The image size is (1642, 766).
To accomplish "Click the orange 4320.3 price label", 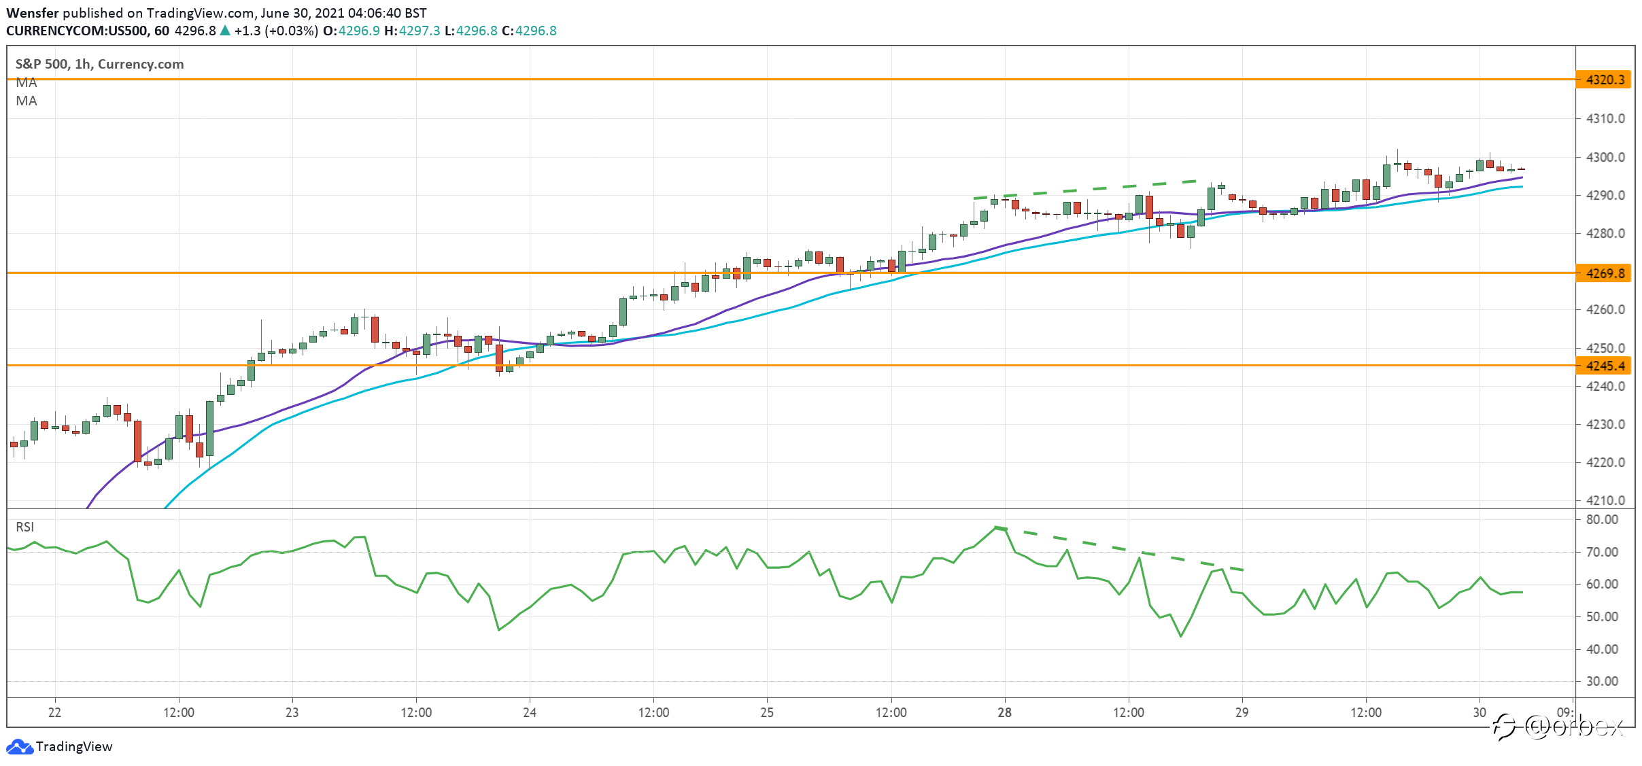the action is click(x=1604, y=80).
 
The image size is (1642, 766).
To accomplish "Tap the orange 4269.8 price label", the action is click(x=1604, y=273).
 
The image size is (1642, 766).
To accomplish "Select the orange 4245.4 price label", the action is click(x=1604, y=366).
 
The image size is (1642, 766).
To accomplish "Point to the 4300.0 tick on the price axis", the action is click(x=1605, y=157).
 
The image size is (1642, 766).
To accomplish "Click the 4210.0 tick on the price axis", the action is click(x=1605, y=500).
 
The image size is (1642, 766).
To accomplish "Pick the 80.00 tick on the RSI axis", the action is click(x=1602, y=519).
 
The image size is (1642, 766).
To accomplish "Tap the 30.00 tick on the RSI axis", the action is click(x=1602, y=681).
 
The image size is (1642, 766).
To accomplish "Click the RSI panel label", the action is click(x=25, y=527).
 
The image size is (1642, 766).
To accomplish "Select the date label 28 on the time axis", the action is click(x=1004, y=712).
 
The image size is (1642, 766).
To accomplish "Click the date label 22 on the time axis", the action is click(x=54, y=712).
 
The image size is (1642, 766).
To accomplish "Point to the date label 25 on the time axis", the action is click(x=767, y=712).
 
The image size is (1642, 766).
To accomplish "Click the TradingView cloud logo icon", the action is click(x=19, y=746).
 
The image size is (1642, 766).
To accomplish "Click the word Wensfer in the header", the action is click(x=33, y=13).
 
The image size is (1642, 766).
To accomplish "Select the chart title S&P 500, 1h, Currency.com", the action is click(x=99, y=64).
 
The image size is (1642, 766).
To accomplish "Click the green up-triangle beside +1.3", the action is click(x=225, y=31).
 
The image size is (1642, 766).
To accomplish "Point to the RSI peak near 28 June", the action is click(x=995, y=527).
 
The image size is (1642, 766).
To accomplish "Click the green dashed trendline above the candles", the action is click(x=1086, y=189).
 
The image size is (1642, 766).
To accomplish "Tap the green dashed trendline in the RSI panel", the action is click(x=1119, y=549).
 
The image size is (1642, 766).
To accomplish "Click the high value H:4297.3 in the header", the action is click(x=412, y=31).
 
